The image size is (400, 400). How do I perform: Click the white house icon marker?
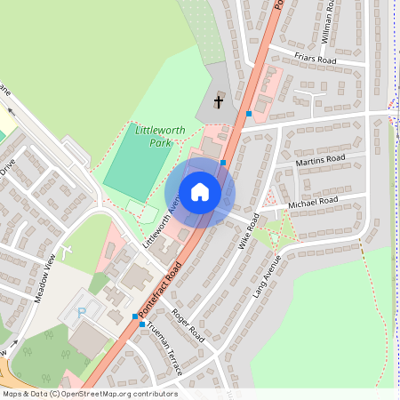(200, 191)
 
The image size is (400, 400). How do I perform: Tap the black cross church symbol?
(219, 101)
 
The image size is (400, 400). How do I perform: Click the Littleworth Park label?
(160, 136)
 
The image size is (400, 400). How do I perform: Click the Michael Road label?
(314, 204)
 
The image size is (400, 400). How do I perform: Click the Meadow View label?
(52, 278)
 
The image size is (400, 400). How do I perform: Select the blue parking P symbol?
(84, 312)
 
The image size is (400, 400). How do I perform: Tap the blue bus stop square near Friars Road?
(249, 114)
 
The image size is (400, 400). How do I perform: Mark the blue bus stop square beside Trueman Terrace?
(142, 324)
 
